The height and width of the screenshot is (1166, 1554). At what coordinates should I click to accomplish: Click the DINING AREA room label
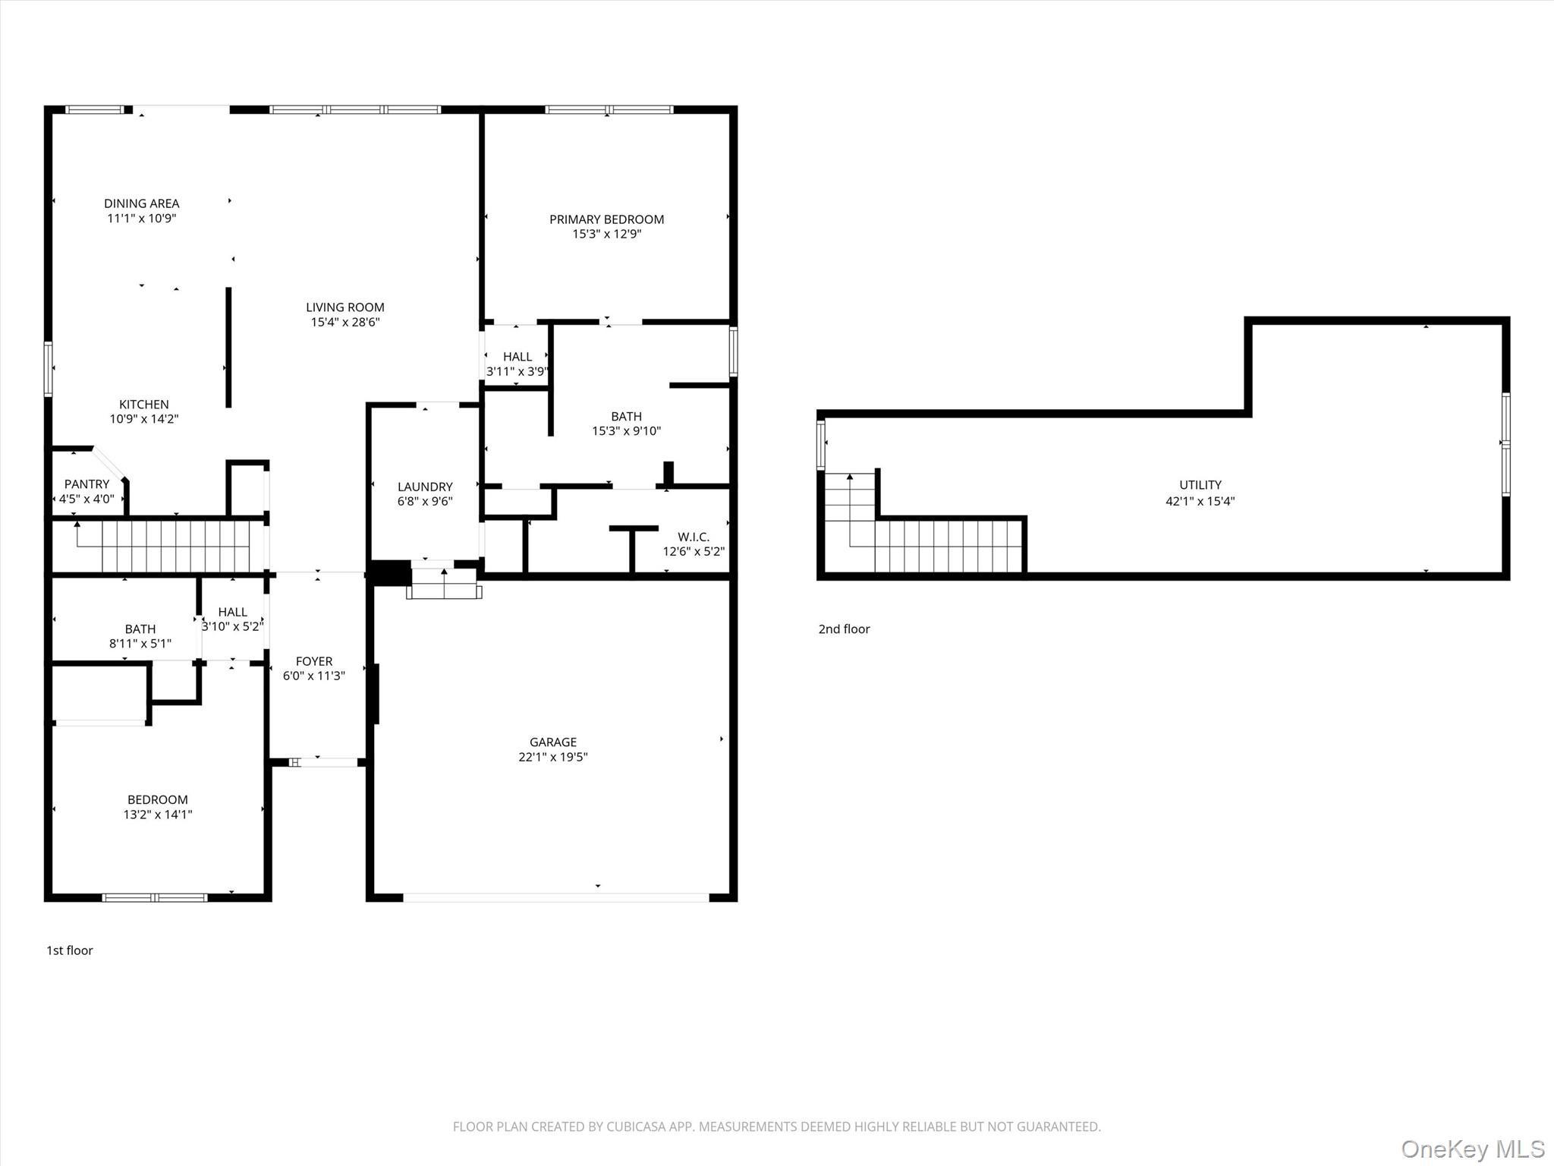pos(142,203)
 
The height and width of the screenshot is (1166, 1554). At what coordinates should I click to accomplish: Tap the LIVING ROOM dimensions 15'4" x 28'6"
pos(345,322)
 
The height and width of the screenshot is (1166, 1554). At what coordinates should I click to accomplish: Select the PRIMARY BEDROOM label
pos(606,219)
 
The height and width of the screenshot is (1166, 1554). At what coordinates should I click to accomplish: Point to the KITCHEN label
pos(144,405)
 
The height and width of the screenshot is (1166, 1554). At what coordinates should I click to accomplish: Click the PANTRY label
pos(87,484)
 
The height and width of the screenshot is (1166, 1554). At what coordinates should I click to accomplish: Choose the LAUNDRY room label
pos(425,487)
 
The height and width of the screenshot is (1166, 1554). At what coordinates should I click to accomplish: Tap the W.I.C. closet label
pos(694,537)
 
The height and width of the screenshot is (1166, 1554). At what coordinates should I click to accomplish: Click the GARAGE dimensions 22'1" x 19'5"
pos(553,757)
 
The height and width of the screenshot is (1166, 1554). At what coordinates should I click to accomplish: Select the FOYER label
pos(314,661)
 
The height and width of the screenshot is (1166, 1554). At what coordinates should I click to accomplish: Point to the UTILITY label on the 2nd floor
pos(1200,485)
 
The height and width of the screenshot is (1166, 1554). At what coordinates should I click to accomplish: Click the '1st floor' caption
pos(70,950)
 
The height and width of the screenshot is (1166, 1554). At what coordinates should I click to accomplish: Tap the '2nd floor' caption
pos(844,629)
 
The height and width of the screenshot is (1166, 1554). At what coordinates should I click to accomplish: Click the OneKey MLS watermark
pos(1473,1149)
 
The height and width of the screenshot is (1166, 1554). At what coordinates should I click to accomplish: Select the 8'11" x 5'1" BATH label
pos(140,636)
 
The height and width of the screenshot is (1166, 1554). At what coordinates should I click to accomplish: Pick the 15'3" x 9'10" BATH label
pos(626,424)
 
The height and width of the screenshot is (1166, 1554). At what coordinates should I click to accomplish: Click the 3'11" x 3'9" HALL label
pos(517,364)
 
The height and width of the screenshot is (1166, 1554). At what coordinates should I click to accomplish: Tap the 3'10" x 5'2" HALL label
pos(232,619)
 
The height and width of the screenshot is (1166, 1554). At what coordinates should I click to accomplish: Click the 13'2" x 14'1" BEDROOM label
pos(158,807)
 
